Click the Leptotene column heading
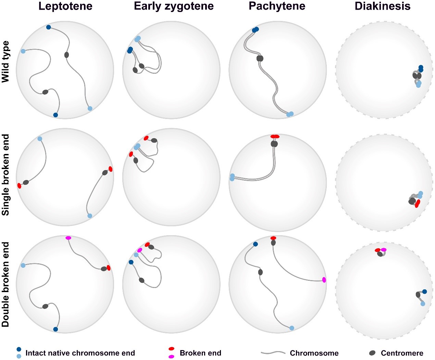click(x=65, y=6)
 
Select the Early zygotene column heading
click(x=174, y=6)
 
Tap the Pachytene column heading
click(x=277, y=6)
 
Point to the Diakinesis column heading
click(x=383, y=6)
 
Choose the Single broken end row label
click(x=6, y=175)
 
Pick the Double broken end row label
click(x=6, y=285)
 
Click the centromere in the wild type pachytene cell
click(x=260, y=59)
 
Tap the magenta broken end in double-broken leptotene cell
click(x=68, y=238)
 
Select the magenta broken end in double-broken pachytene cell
click(x=324, y=280)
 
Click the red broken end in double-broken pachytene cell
click(x=273, y=238)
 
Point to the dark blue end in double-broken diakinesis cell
click(x=424, y=292)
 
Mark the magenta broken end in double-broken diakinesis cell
click(x=384, y=250)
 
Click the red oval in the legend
click(x=171, y=349)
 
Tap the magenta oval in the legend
click(x=171, y=357)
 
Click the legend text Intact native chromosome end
click(x=80, y=353)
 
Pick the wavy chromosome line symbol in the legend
click(x=273, y=353)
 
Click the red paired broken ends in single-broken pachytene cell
click(x=275, y=136)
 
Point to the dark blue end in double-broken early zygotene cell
click(x=131, y=262)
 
